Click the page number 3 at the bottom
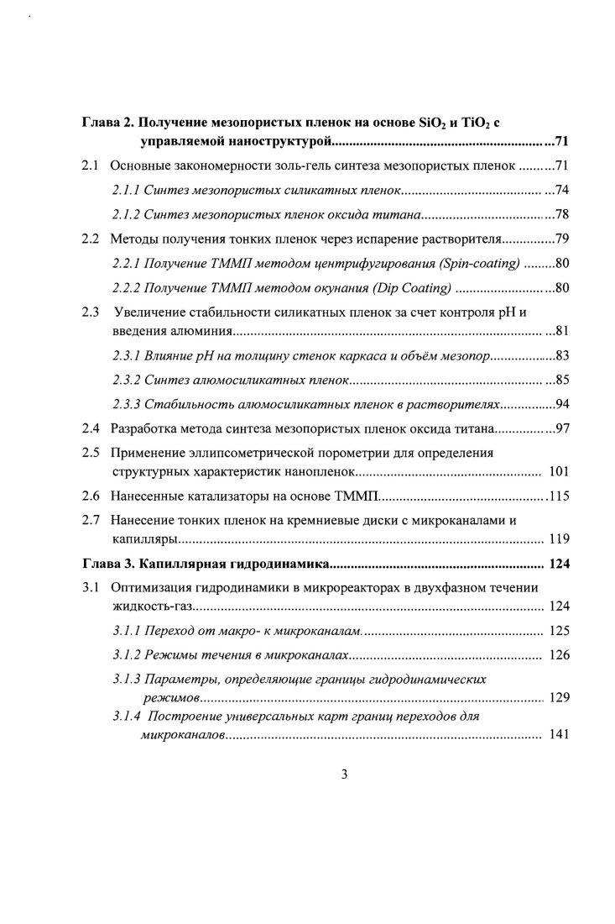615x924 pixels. pos(344,774)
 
